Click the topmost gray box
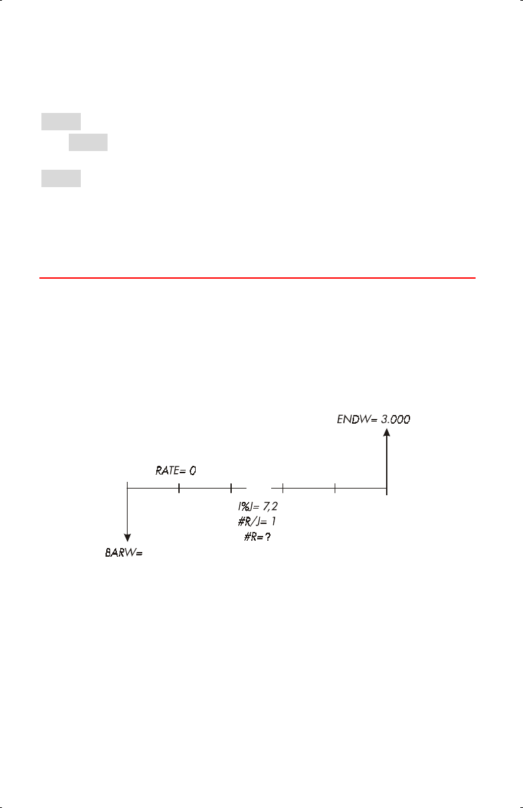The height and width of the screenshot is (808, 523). coord(61,122)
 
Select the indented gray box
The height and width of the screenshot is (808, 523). coord(88,142)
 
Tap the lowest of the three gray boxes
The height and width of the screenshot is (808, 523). coord(61,178)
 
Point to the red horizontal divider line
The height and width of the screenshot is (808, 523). coord(257,277)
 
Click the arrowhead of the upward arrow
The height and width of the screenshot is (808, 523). coord(387,433)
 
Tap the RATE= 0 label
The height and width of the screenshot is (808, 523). coord(176,470)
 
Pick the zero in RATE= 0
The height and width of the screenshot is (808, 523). coord(192,470)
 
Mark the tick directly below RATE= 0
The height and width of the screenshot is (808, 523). coord(179,489)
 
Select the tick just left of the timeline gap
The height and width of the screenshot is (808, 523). coord(230,489)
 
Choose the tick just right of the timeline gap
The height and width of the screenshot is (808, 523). coord(283,489)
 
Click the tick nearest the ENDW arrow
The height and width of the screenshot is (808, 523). coord(335,489)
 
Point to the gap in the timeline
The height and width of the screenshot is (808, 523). coord(257,489)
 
